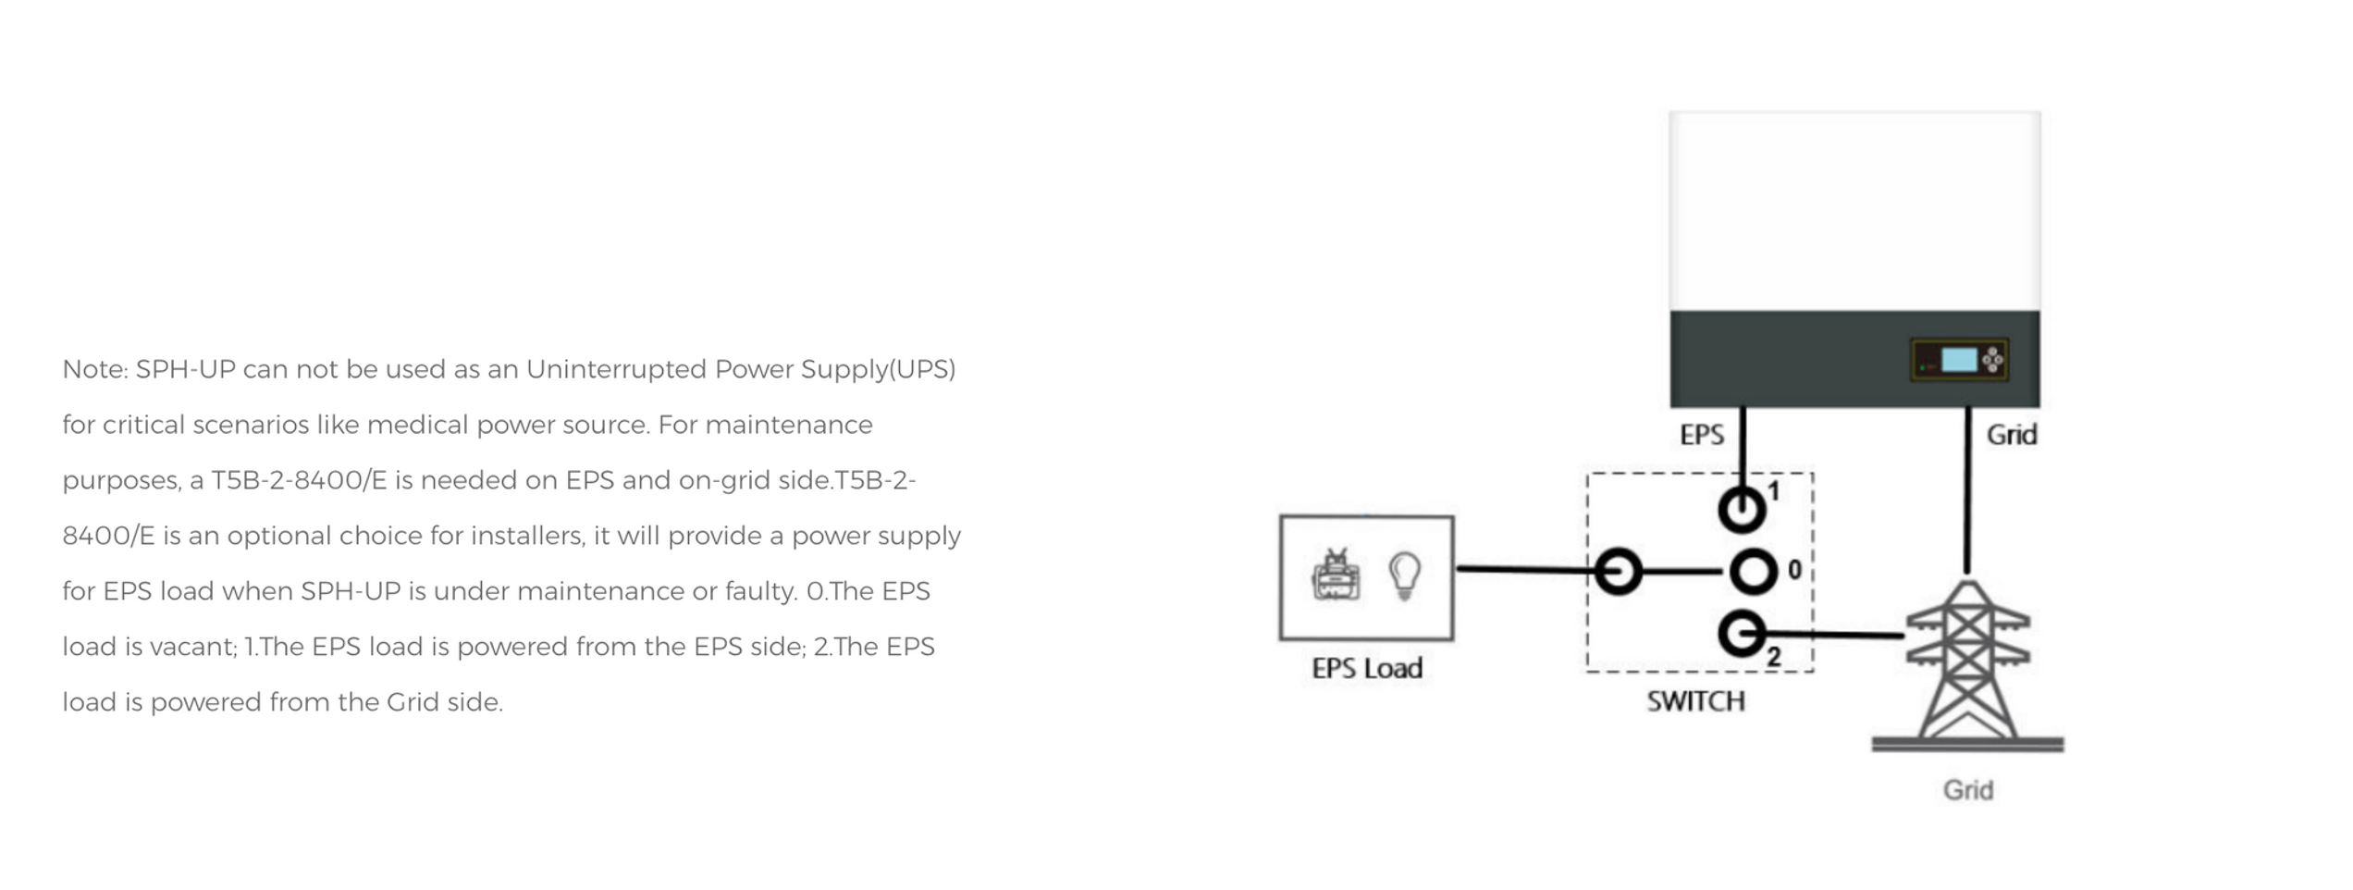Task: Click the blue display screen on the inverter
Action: (x=1958, y=360)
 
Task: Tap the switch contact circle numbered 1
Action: (x=1742, y=509)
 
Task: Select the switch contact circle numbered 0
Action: (x=1753, y=571)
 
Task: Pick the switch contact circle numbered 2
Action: (x=1742, y=635)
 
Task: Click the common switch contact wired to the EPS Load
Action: (x=1618, y=571)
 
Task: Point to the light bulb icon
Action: (x=1404, y=575)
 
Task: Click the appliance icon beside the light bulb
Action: (x=1336, y=575)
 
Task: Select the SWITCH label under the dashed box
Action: (x=1695, y=701)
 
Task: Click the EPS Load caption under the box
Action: (x=1367, y=668)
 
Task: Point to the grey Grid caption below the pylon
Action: (x=1967, y=790)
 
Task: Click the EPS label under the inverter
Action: (x=1701, y=435)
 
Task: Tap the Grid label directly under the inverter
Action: (x=2011, y=435)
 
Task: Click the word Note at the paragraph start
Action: (x=94, y=369)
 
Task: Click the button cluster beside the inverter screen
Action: (x=1992, y=360)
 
